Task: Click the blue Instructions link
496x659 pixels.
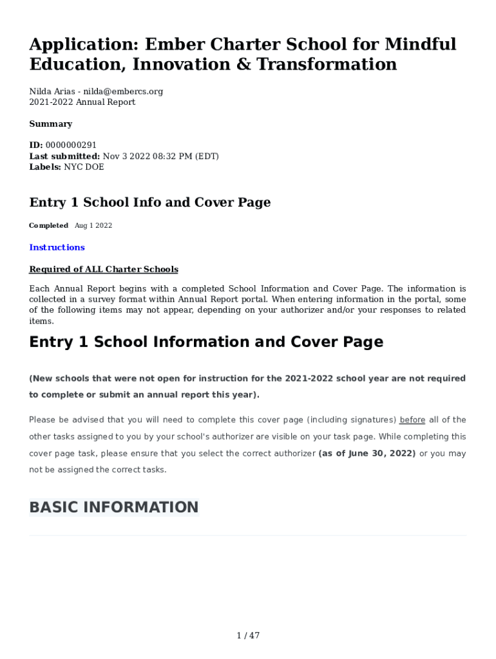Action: [57, 247]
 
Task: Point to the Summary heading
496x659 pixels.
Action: [50, 124]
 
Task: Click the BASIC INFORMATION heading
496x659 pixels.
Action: [114, 507]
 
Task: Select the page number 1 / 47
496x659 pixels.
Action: [248, 636]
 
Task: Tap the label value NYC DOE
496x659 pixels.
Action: [84, 167]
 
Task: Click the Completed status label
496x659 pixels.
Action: [48, 225]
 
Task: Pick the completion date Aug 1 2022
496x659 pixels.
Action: [93, 225]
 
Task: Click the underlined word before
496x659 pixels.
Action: [412, 420]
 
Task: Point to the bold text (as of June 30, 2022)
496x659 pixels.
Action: [367, 453]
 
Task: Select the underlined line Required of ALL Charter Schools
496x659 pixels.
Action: [104, 269]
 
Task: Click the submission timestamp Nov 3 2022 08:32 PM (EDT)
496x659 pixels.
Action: [161, 156]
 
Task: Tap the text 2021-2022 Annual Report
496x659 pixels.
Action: [82, 102]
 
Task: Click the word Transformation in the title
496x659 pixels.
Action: [336, 64]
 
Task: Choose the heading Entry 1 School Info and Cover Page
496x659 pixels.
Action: [149, 202]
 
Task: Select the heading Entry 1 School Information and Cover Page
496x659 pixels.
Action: [206, 342]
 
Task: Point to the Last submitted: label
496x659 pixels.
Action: [64, 156]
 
